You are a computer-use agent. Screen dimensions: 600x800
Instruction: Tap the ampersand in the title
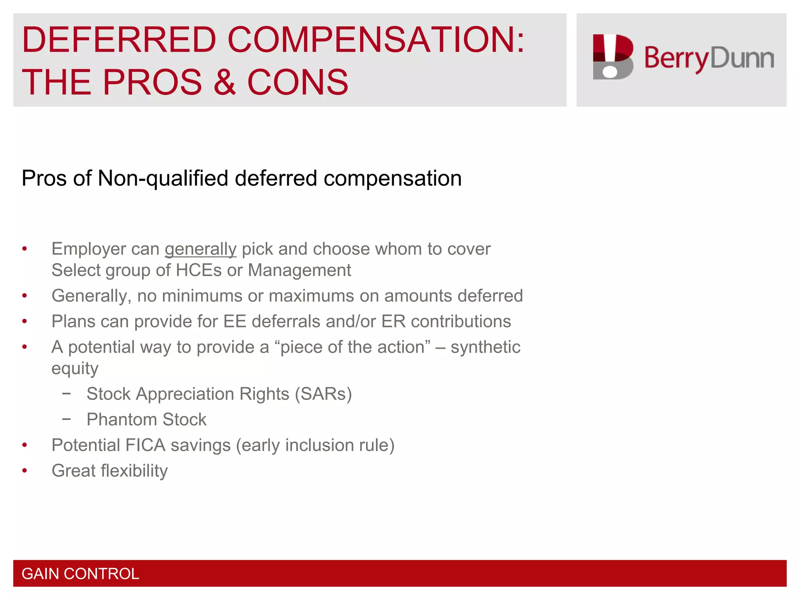pos(225,82)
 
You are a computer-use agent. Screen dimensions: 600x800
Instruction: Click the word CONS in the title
pos(298,82)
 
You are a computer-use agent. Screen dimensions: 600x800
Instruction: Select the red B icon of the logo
pos(612,57)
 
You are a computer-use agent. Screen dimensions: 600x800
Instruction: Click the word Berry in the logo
pos(676,59)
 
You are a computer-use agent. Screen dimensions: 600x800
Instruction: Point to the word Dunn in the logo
pos(742,59)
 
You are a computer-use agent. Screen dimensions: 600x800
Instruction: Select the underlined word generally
pos(200,249)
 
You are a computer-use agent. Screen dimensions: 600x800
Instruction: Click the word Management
pos(300,270)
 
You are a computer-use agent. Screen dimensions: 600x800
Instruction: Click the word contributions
pos(461,321)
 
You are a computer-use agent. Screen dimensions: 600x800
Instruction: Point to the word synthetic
pos(485,347)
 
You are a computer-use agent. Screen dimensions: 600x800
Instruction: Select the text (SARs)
pos(323,394)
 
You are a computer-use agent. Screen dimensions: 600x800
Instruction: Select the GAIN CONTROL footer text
pos(80,574)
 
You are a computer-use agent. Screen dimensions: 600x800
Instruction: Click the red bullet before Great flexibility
pos(25,471)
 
